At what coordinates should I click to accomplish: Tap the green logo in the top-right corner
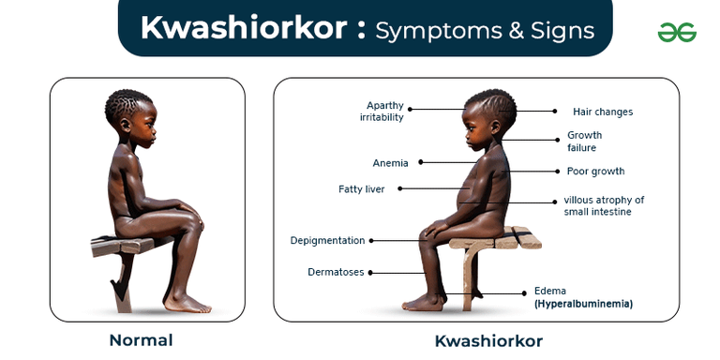[x=677, y=33]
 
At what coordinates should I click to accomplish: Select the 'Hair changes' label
[x=603, y=112]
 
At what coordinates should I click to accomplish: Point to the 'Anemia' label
[x=390, y=163]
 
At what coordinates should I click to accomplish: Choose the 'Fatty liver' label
[x=362, y=189]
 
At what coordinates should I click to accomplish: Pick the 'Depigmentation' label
[x=327, y=241]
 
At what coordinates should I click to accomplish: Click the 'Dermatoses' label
[x=336, y=272]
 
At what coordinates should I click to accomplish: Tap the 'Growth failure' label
[x=585, y=141]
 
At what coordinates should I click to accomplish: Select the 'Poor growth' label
[x=595, y=172]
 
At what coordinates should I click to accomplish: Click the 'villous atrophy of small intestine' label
[x=604, y=205]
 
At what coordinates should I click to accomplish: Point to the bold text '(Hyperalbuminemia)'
[x=583, y=304]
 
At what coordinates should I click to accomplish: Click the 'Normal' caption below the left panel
[x=142, y=339]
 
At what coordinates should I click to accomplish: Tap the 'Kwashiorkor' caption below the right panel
[x=487, y=340]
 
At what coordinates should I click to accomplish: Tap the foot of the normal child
[x=188, y=303]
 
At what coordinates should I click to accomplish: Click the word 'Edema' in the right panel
[x=550, y=291]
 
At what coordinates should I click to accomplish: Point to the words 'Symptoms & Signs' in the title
[x=485, y=30]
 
